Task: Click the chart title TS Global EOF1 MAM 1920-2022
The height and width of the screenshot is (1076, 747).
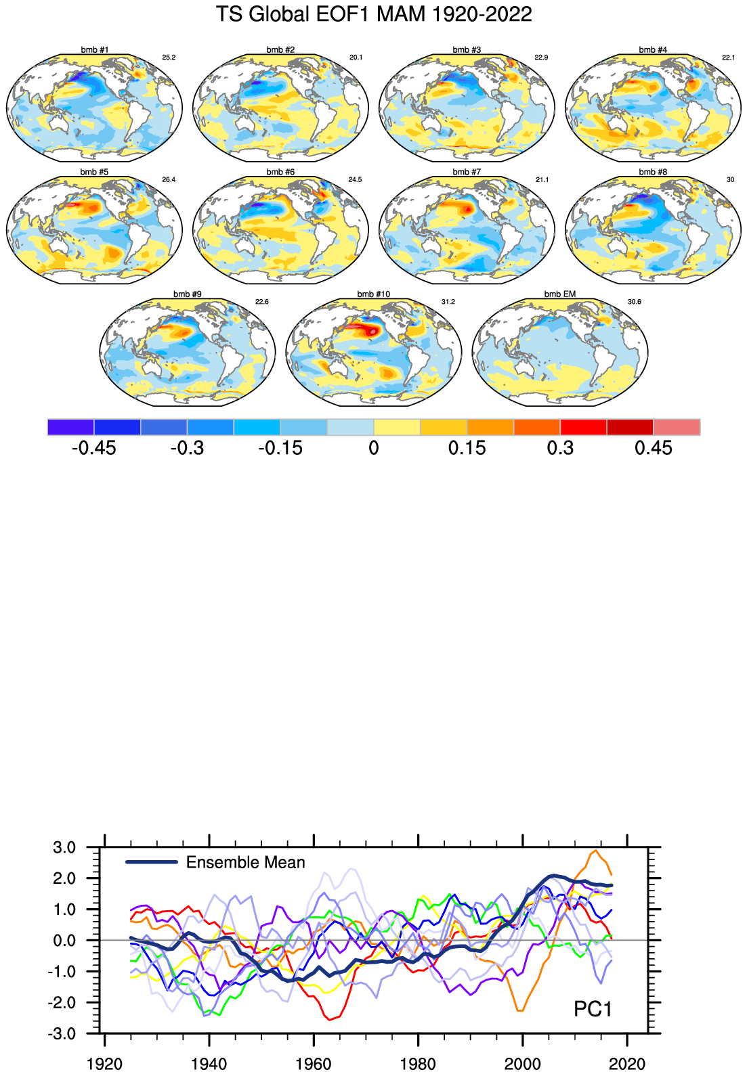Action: (373, 14)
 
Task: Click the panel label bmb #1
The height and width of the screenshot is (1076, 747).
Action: (94, 50)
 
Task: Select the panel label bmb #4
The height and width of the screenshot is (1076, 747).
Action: (653, 50)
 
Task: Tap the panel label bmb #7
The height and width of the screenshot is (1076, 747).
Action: (467, 172)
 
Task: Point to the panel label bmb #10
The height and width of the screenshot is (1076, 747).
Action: (374, 294)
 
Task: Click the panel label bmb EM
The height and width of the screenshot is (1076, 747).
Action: (560, 294)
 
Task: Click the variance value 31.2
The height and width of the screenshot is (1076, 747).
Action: (448, 302)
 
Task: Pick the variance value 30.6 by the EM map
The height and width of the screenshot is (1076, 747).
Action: (635, 302)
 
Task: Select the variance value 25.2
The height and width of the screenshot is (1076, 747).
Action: (169, 58)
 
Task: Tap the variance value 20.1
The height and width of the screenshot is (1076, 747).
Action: (356, 58)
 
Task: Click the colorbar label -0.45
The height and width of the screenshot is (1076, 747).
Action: (93, 448)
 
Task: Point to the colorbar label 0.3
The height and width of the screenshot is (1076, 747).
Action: (560, 448)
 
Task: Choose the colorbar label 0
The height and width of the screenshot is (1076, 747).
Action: (374, 448)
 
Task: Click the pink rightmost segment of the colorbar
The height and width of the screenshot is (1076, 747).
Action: (677, 427)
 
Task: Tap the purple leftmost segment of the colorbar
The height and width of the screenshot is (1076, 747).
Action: (70, 427)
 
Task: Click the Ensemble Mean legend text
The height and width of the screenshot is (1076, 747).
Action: (245, 862)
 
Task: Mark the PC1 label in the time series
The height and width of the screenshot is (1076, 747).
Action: (593, 1009)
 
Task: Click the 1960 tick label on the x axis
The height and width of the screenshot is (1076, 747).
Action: (314, 1064)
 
